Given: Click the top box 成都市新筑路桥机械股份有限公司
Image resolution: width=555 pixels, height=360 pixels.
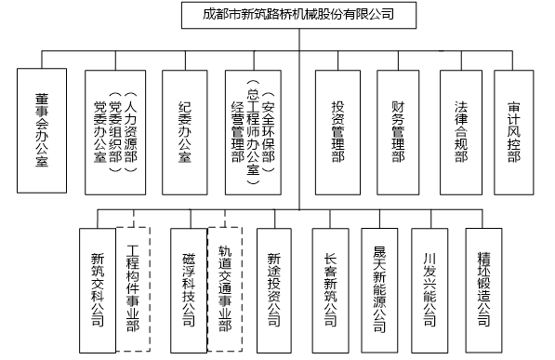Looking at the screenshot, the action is coord(298,15).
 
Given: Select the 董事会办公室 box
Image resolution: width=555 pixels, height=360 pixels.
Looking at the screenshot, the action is coord(42,131).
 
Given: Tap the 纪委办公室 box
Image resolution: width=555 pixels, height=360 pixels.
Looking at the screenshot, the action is coord(185,132).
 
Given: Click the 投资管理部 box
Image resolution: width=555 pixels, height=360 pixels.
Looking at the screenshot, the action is coord(337,132).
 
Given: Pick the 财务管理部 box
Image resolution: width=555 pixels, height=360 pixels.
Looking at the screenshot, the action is coord(398,132).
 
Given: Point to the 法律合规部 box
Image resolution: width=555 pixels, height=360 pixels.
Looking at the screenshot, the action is coord(461,132).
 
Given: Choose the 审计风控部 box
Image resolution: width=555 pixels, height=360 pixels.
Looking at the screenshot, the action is coord(513,132).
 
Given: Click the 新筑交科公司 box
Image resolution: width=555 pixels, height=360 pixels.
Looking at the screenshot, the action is coord(98,290).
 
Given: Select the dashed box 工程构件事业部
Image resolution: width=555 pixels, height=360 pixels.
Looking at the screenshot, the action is coord(134,289).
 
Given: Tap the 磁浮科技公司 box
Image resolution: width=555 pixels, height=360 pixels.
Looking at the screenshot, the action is coord(189,290).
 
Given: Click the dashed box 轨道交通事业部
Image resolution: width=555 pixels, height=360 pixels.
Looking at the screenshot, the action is coord(225,289).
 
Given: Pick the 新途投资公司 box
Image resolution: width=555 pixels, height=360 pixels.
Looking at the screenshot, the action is coord(274,290).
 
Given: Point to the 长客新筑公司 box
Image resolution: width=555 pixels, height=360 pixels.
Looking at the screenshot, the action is coord(331,290).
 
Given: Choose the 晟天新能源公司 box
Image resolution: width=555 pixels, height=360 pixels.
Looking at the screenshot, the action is coord(379,290).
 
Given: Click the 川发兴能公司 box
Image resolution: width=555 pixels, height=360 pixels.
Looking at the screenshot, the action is coord(429,290).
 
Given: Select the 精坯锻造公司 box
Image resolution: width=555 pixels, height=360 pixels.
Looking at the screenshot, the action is coord(483,290).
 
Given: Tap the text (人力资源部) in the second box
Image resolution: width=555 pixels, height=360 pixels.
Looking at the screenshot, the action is coord(130,132).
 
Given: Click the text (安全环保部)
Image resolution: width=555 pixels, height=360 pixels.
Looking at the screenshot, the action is coord(269,132).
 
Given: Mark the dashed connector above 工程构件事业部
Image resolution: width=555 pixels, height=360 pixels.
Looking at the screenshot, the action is coord(134,219).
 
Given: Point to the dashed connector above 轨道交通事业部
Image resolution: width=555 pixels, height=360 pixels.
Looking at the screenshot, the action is coord(225,219).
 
